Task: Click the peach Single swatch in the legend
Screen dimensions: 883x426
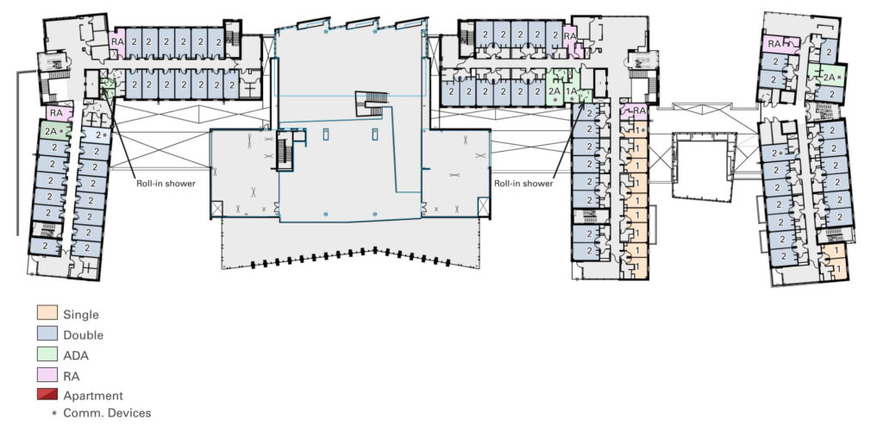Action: point(47,312)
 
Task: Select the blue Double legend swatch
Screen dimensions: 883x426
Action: point(47,333)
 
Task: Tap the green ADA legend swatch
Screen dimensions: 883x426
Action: point(47,354)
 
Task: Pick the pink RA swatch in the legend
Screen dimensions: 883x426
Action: point(47,374)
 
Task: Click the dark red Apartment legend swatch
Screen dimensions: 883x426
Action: point(47,394)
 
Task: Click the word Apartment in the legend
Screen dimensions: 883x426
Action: point(93,396)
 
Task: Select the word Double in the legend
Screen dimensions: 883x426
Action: point(84,335)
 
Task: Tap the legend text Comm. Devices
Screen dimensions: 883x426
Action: point(107,413)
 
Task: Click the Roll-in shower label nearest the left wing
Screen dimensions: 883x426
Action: point(166,183)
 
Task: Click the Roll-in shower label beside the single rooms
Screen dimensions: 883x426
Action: point(523,183)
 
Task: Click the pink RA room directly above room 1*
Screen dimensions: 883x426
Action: point(635,111)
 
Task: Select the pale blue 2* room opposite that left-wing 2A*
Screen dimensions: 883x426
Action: point(96,135)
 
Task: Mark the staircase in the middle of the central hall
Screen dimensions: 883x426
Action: point(373,103)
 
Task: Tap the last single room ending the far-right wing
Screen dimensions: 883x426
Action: point(835,270)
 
